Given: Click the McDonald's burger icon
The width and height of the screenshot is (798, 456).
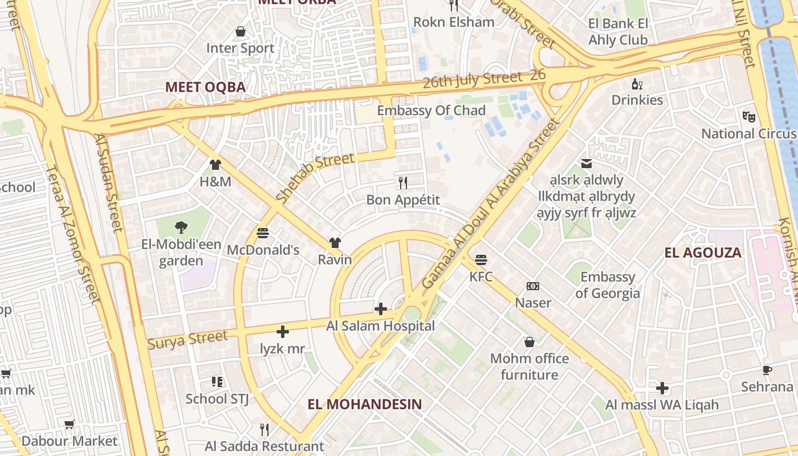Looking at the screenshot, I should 263,233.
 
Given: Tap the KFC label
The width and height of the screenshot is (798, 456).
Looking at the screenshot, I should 481,277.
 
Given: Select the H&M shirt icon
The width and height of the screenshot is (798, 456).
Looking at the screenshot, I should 215,165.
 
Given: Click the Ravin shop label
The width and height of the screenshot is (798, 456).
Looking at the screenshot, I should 335,259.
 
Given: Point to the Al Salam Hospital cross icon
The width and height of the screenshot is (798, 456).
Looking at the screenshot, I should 380,309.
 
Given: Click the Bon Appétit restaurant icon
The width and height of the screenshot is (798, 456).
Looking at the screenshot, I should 403,182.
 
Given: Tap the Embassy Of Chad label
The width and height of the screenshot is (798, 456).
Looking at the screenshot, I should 431,111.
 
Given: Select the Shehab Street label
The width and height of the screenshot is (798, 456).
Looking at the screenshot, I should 315,177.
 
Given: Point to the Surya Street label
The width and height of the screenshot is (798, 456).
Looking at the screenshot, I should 188,340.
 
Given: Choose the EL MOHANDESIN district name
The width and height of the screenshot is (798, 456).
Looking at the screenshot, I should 365,405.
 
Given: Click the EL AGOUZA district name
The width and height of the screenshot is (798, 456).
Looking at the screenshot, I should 703,253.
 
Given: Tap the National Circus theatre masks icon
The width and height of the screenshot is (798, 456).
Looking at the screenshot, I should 749,117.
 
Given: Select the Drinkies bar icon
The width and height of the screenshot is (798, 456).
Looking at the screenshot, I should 637,84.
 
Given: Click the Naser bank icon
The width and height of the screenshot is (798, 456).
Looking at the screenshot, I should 533,286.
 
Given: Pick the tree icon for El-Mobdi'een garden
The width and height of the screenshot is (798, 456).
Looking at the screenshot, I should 181,227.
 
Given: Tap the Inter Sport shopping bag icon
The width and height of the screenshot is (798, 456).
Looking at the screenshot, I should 241,31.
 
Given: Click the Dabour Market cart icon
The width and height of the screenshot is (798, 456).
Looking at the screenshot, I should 70,424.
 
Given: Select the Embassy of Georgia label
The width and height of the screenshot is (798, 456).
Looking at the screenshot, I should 607,285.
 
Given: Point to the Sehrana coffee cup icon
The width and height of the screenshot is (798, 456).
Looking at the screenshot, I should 767,370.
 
